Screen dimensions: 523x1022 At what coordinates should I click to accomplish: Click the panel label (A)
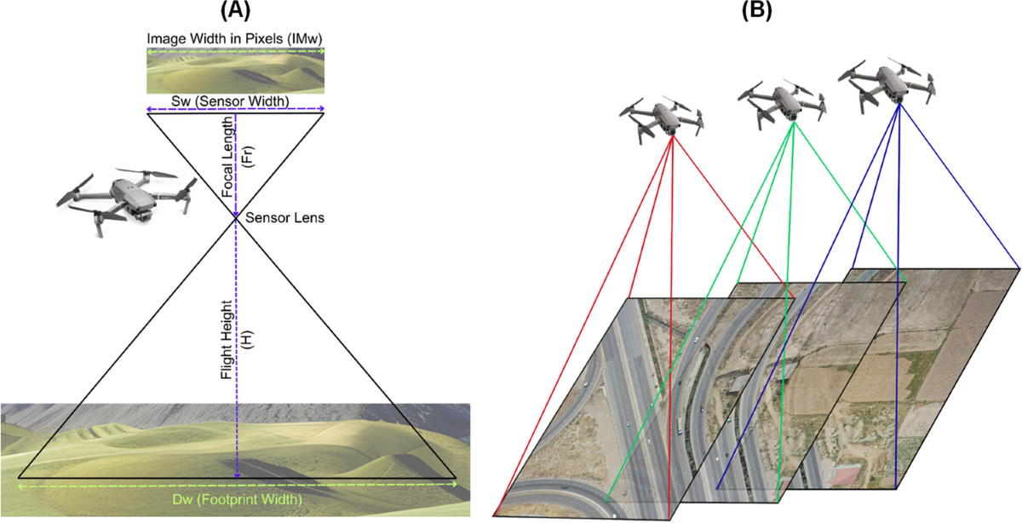(x=235, y=11)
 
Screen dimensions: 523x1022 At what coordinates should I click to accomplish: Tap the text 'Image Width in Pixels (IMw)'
(x=234, y=39)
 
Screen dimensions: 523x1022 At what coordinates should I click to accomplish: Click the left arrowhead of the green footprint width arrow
(x=20, y=484)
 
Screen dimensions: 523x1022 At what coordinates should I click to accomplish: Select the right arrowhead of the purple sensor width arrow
(x=322, y=109)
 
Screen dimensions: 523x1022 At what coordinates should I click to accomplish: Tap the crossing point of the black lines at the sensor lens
(x=237, y=217)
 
